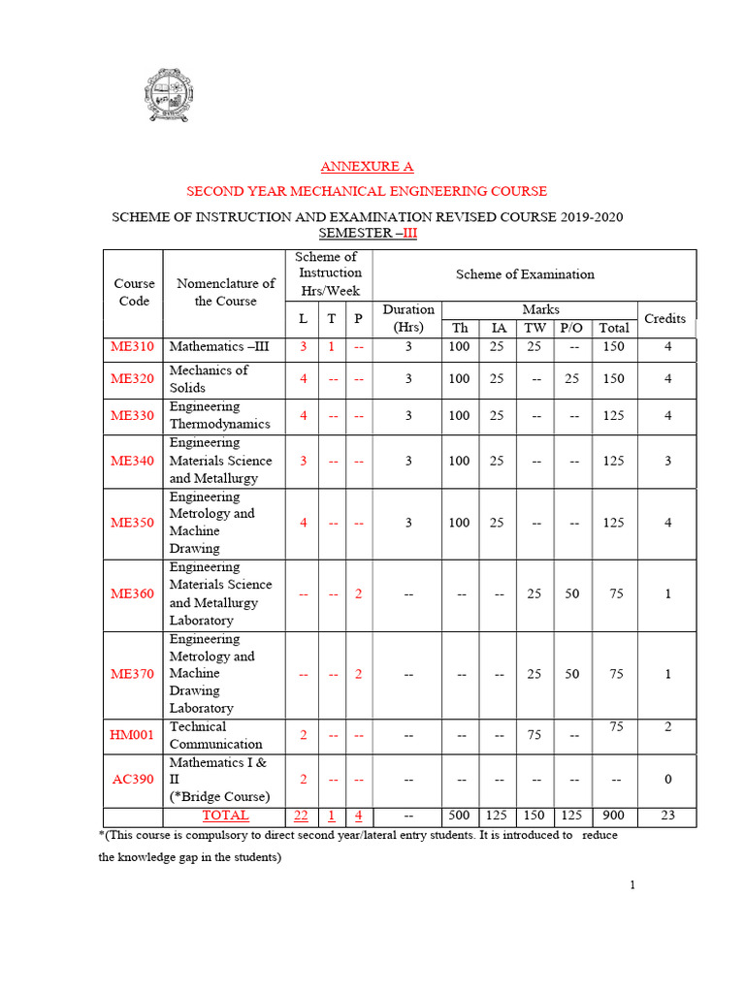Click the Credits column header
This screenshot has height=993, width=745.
[x=665, y=318]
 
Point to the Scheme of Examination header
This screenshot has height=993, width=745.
[x=525, y=274]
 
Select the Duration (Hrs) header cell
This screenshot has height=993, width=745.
[x=408, y=318]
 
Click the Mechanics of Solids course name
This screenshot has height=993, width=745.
[x=209, y=378]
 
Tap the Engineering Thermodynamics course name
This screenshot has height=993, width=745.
[x=219, y=415]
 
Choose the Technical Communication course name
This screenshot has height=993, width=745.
[x=215, y=735]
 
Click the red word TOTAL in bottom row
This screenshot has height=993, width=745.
[x=225, y=816]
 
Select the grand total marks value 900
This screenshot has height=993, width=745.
[x=613, y=816]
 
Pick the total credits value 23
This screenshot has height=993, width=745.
[x=667, y=816]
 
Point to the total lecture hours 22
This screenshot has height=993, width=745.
[x=302, y=816]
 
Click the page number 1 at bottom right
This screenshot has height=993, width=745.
[x=632, y=884]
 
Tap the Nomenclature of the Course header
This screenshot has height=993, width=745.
[x=225, y=292]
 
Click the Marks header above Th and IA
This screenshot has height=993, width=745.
[x=540, y=309]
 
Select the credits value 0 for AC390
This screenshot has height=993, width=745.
[x=667, y=780]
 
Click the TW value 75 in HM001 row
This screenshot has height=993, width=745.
[x=534, y=736]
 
